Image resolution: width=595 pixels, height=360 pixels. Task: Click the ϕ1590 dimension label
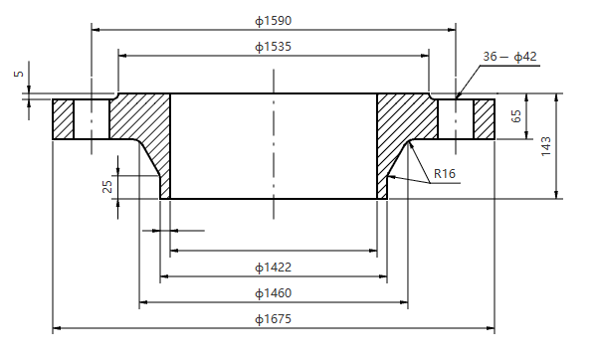click(273, 20)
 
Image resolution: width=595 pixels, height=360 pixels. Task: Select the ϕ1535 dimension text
click(273, 46)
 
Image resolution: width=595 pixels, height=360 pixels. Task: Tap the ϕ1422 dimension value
click(273, 267)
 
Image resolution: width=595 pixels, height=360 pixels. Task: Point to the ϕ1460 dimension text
click(273, 292)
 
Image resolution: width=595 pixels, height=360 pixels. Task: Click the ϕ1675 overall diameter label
click(273, 318)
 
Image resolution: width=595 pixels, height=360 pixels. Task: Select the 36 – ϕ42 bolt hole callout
click(509, 57)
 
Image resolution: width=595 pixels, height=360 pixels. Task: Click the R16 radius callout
click(444, 174)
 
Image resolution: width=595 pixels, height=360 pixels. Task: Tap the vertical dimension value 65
click(516, 116)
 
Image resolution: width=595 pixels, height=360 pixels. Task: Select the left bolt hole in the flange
click(91, 118)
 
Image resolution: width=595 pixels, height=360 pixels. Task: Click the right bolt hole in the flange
click(456, 118)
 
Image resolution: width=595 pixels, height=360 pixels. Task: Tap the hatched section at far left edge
click(64, 118)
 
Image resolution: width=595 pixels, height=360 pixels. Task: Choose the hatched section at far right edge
click(484, 118)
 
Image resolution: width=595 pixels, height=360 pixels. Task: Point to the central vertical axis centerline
click(273, 149)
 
